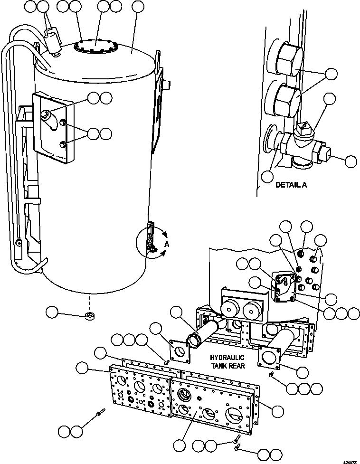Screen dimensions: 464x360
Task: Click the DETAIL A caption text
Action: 291,185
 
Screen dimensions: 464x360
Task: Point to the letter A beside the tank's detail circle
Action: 167,244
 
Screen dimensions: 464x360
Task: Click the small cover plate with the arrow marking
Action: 285,287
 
